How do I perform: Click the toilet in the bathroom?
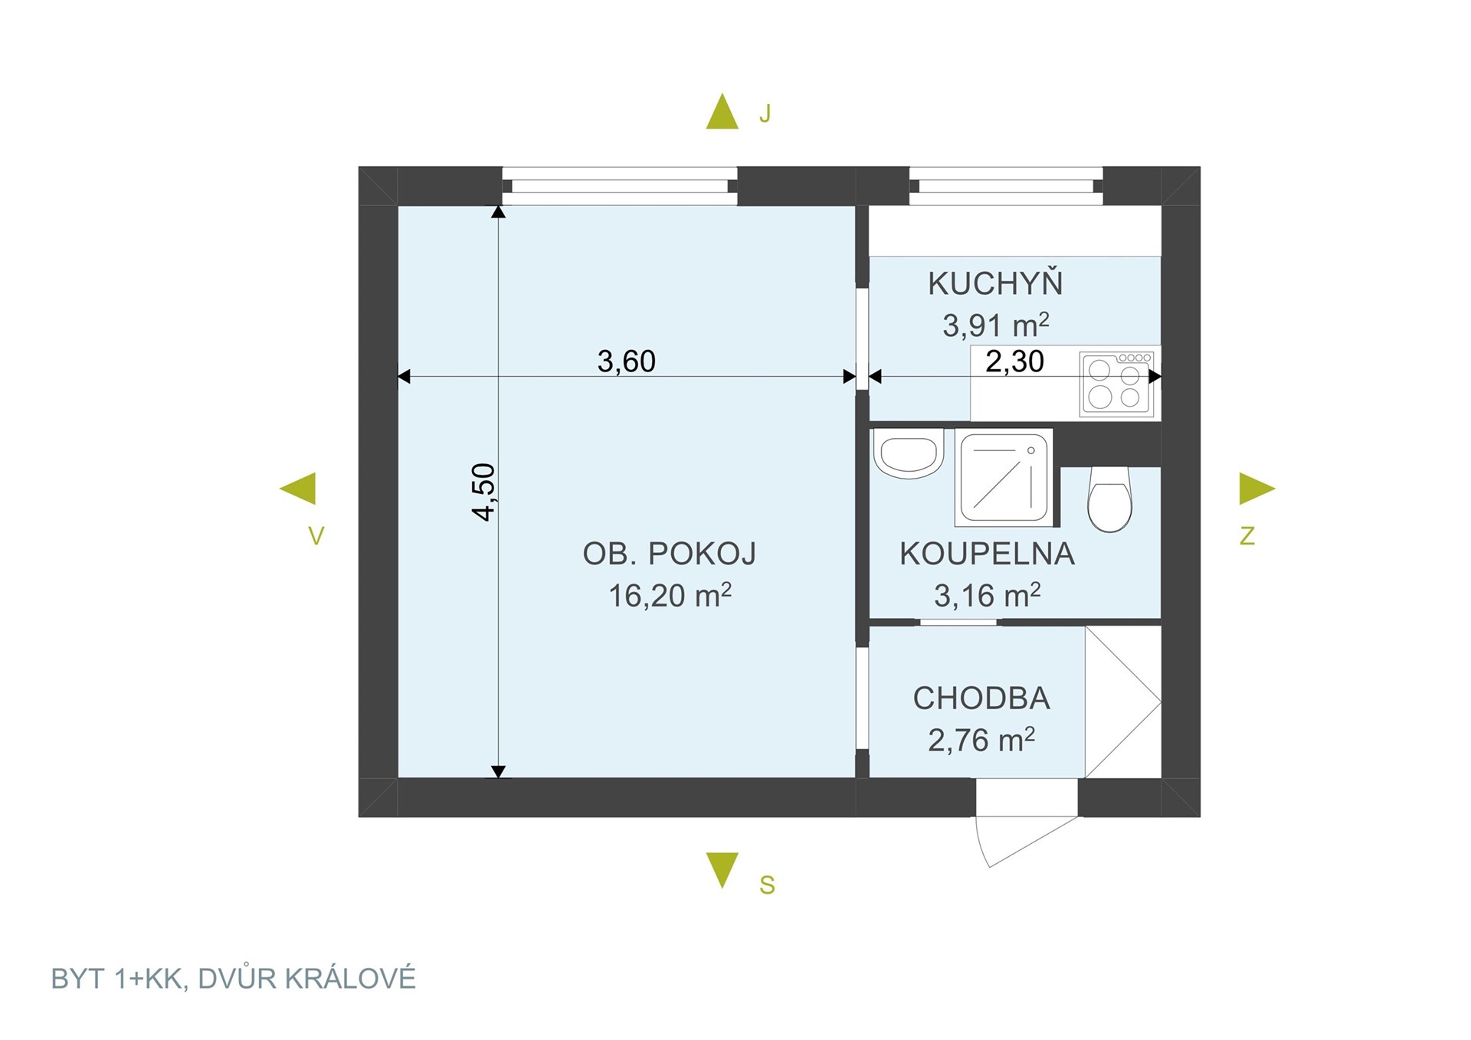[1109, 499]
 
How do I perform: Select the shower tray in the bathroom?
[1004, 478]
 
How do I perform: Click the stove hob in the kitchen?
[1116, 384]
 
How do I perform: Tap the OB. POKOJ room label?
[670, 554]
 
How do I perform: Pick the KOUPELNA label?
[987, 554]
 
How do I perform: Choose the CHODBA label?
[981, 698]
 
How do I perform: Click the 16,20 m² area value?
[670, 595]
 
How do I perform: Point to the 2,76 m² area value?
[981, 740]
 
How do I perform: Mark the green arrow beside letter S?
[722, 868]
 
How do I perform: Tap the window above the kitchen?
[1006, 186]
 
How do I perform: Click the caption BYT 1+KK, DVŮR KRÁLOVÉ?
[234, 979]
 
